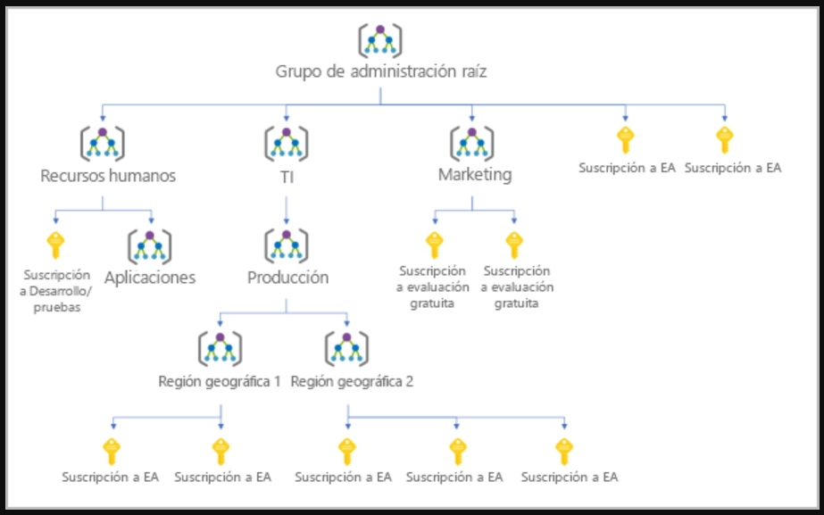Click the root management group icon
click(x=379, y=39)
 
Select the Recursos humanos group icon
click(x=102, y=142)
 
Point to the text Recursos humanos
click(x=108, y=175)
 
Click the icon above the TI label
click(x=286, y=142)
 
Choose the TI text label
click(x=286, y=176)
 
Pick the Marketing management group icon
click(x=472, y=142)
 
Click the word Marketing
click(x=474, y=174)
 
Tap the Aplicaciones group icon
click(x=149, y=245)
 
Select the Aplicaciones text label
click(x=149, y=278)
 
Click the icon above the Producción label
click(x=287, y=245)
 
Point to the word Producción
click(x=287, y=278)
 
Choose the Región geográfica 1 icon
click(x=220, y=348)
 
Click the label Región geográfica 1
click(x=220, y=381)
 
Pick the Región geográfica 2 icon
click(x=346, y=348)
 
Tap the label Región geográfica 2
click(x=352, y=381)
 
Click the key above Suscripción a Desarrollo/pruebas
click(x=55, y=244)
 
